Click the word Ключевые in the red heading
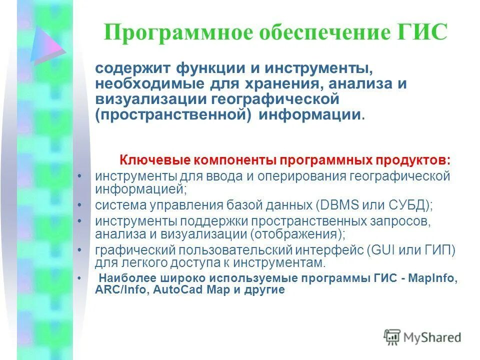point(152,160)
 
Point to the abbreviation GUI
point(383,249)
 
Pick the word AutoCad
point(172,290)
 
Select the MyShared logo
point(422,337)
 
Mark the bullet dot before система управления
point(81,205)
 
